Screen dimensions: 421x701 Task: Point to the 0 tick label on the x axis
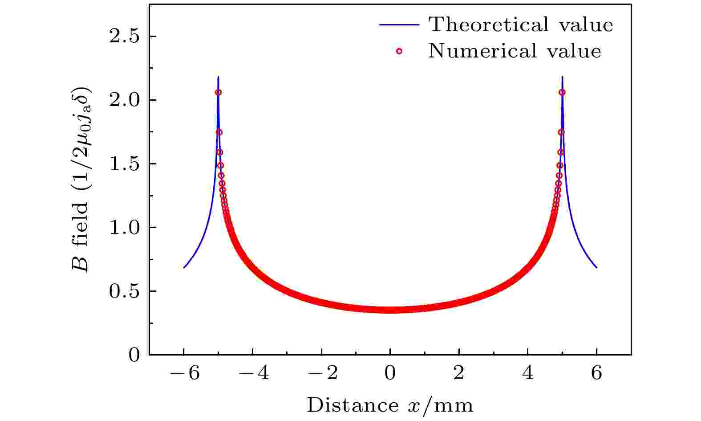[x=390, y=373]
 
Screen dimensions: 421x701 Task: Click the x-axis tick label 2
[x=459, y=373]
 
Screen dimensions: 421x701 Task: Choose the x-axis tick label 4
[x=528, y=373]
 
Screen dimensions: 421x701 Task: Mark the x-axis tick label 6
[x=597, y=373]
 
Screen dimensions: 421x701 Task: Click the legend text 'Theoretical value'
[x=521, y=25]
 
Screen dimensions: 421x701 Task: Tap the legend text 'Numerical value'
[x=515, y=51]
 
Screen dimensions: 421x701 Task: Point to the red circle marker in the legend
[x=399, y=51]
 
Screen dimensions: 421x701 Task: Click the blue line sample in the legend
[x=399, y=25]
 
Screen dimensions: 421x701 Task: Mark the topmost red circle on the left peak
[x=219, y=92]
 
